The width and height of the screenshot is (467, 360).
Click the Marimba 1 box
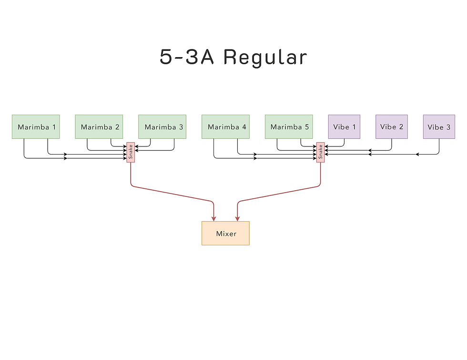point(36,126)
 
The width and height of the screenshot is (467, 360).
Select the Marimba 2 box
point(99,126)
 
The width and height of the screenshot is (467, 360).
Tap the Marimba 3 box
point(162,126)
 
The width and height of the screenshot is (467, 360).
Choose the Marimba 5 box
point(289,126)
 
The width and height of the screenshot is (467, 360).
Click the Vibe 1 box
point(344,126)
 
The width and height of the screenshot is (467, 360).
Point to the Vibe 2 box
point(391,126)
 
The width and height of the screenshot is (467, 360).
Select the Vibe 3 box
point(439,126)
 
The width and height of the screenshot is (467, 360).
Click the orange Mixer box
point(225,233)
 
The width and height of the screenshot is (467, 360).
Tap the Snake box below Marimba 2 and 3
point(131,152)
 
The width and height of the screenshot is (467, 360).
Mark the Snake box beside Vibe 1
point(320,152)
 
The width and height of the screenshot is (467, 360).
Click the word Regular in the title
point(265,57)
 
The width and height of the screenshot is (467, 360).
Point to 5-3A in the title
point(186,57)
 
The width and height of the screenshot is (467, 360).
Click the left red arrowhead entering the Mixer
point(214,218)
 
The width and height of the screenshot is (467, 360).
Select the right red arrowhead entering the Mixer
point(237,218)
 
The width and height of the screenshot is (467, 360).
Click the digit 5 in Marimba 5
point(306,127)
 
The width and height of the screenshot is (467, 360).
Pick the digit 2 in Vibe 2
point(401,127)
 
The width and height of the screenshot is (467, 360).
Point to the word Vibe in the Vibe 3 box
point(436,127)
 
